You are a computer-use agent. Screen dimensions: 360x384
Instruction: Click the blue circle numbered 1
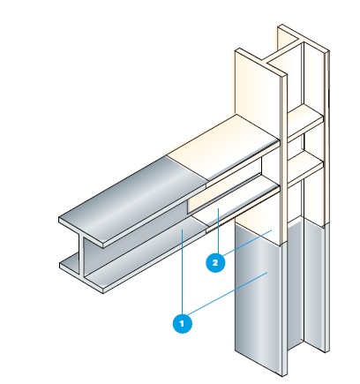click(x=183, y=324)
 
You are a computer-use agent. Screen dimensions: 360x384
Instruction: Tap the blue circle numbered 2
click(x=215, y=262)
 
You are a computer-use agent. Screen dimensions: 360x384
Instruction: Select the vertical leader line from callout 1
click(x=183, y=272)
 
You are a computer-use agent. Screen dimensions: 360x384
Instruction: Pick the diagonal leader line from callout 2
click(x=247, y=243)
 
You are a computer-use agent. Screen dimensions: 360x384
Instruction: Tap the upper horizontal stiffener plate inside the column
click(x=306, y=121)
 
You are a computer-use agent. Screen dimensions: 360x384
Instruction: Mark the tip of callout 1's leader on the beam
click(x=183, y=230)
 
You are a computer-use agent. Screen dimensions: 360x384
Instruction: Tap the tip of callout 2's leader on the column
click(x=272, y=230)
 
